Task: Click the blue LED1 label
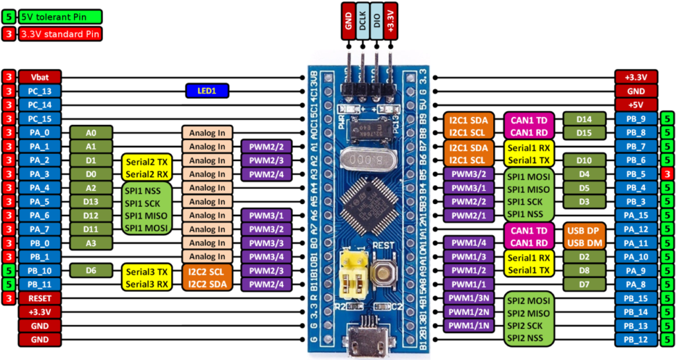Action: pos(207,90)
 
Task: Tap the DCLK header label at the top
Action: pos(362,22)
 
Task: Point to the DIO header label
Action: pos(377,22)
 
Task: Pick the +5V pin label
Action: pos(636,104)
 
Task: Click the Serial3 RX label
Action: pos(146,284)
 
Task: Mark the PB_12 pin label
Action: pos(636,340)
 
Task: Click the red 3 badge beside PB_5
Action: pos(667,174)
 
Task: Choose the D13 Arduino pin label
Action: pos(90,201)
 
